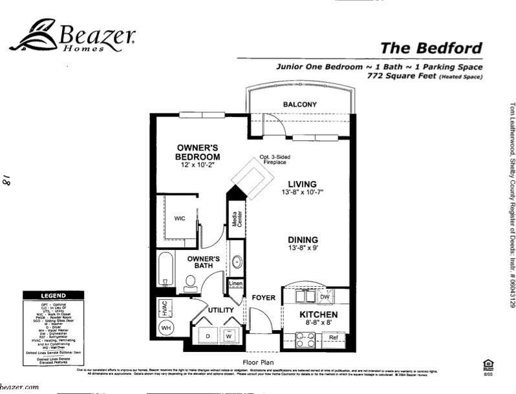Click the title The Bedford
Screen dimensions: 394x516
pos(431,48)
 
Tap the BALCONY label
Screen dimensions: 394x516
pos(300,105)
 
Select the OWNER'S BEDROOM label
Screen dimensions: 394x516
pos(199,152)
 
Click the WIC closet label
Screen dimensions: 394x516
pos(180,218)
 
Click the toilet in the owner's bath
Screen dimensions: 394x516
pos(191,282)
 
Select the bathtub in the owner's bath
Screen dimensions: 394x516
pos(166,271)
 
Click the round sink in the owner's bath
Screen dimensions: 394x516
pos(237,262)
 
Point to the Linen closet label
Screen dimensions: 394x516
pos(235,283)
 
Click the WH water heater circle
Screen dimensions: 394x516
pos(166,328)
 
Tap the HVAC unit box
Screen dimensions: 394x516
pos(166,308)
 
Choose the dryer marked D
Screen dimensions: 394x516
pos(208,336)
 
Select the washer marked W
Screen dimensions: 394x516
pos(228,336)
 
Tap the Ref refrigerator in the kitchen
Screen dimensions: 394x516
pos(333,337)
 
